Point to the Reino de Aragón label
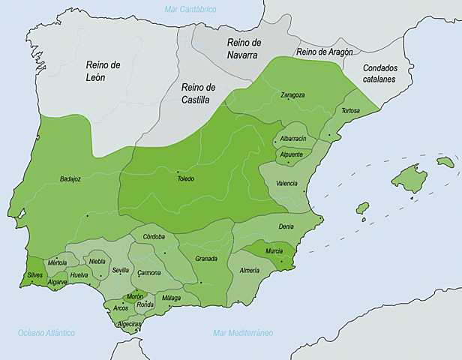[324, 52]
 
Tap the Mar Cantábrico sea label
[190, 9]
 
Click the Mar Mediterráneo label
[243, 332]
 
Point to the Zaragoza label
[292, 95]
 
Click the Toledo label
[185, 178]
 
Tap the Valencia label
[286, 183]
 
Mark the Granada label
[206, 259]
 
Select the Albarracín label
[292, 139]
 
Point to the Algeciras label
[132, 323]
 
